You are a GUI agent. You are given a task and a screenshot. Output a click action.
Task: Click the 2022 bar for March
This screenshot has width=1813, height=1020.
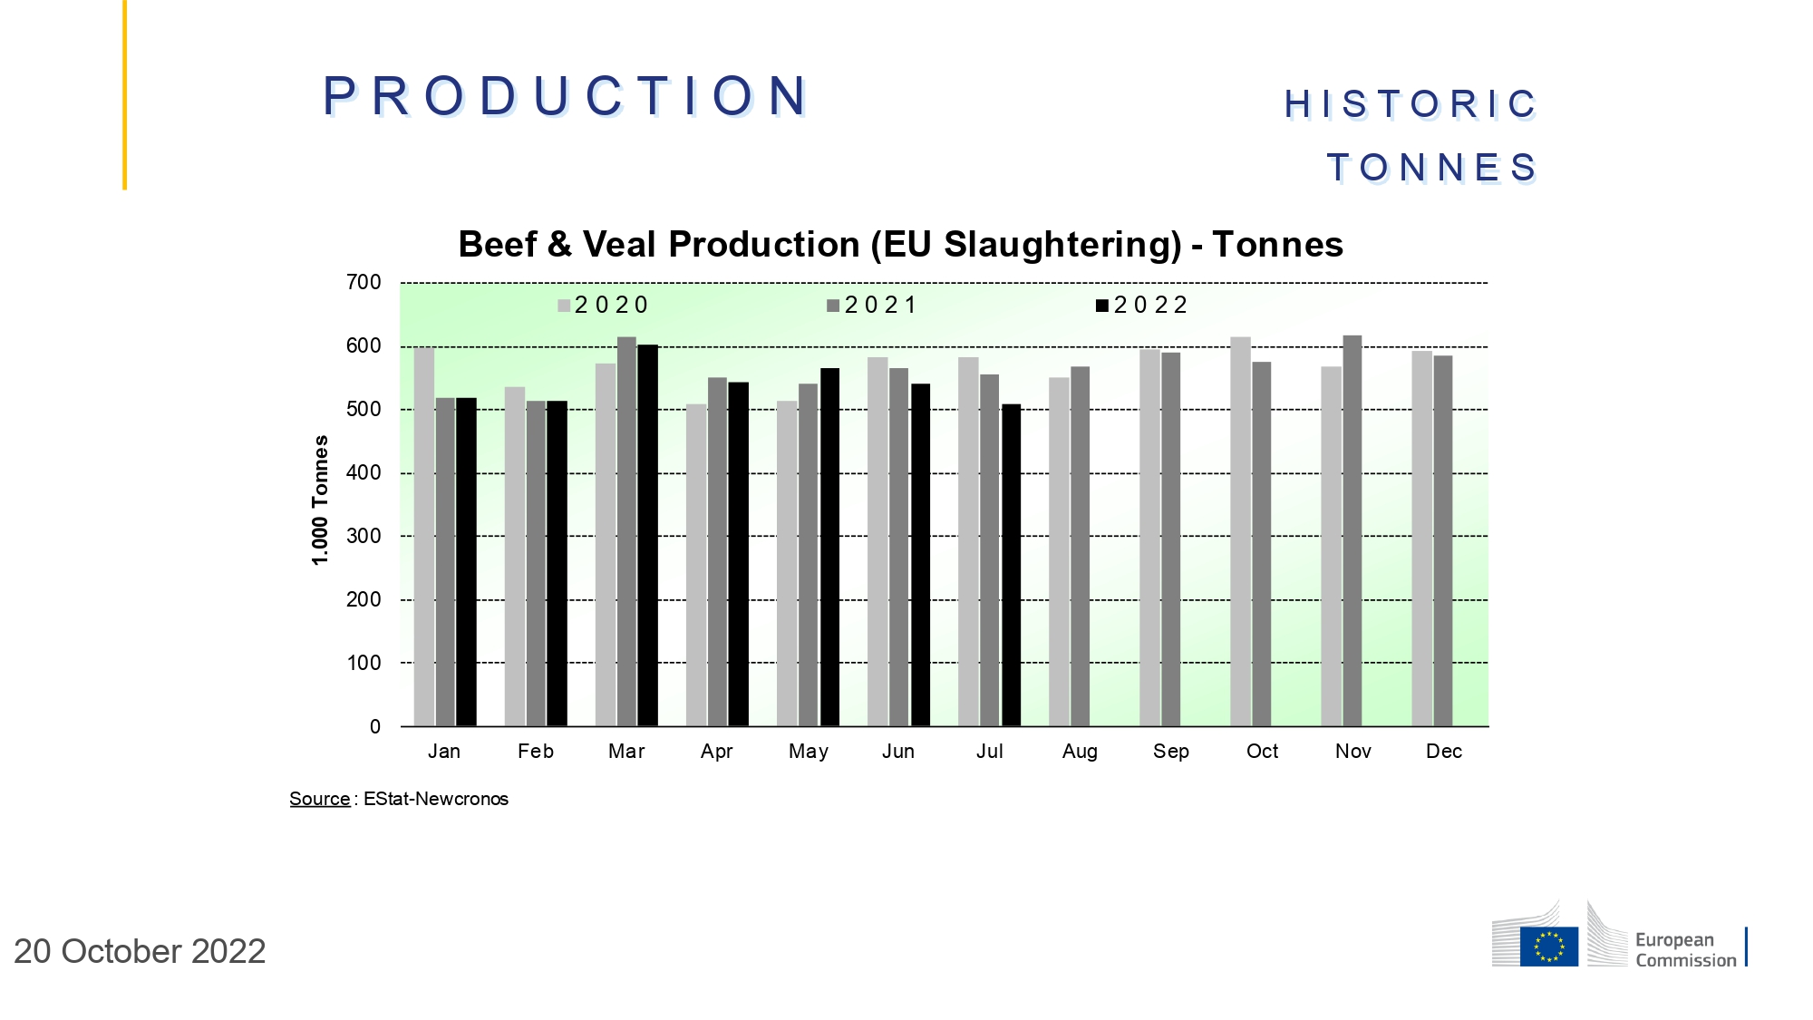[647, 535]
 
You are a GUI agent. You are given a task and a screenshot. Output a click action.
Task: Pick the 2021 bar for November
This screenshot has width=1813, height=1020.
[1352, 530]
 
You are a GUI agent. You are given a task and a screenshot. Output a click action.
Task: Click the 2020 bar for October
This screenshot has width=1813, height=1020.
[1240, 531]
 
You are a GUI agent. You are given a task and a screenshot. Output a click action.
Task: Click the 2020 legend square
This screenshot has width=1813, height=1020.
[564, 306]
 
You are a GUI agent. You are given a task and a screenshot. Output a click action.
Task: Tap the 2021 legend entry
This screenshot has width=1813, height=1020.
[871, 306]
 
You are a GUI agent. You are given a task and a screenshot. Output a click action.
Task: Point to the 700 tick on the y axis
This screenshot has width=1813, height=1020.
[364, 283]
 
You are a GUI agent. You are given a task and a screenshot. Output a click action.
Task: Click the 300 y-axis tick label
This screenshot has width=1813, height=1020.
[364, 537]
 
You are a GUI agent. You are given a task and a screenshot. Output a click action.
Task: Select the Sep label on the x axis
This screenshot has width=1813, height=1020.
[1170, 752]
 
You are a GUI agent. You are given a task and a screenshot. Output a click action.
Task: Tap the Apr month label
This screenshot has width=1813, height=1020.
[716, 752]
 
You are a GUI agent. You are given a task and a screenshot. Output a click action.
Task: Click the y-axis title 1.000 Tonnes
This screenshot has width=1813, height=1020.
[320, 500]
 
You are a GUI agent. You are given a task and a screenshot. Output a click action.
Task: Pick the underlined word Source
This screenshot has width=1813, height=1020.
[319, 799]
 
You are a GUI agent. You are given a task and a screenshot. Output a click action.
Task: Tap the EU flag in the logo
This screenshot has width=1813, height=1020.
[1548, 947]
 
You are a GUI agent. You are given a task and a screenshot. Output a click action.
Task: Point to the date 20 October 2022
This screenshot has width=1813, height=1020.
[140, 951]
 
